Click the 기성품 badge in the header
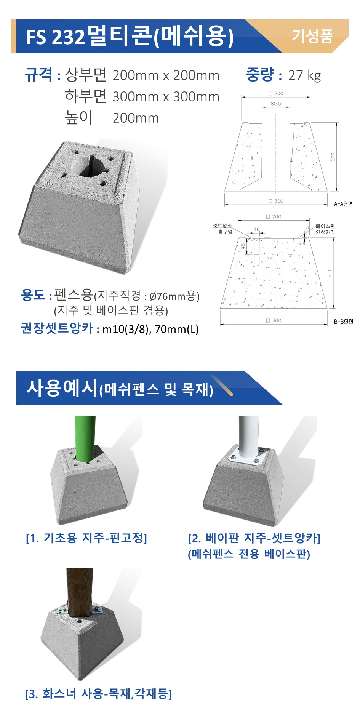[x=312, y=36]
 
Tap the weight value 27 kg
[x=304, y=75]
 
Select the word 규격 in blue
[x=38, y=74]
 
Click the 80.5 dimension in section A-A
[x=276, y=104]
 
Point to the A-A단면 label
[x=343, y=204]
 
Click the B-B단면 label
[x=344, y=322]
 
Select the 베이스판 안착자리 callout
[x=325, y=229]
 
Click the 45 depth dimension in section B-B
[x=243, y=246]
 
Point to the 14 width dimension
[x=270, y=258]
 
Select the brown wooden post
[x=80, y=595]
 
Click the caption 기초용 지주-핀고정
[x=86, y=538]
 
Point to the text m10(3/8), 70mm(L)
[x=151, y=329]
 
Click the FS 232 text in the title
[x=56, y=37]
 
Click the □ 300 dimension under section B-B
[x=274, y=320]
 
